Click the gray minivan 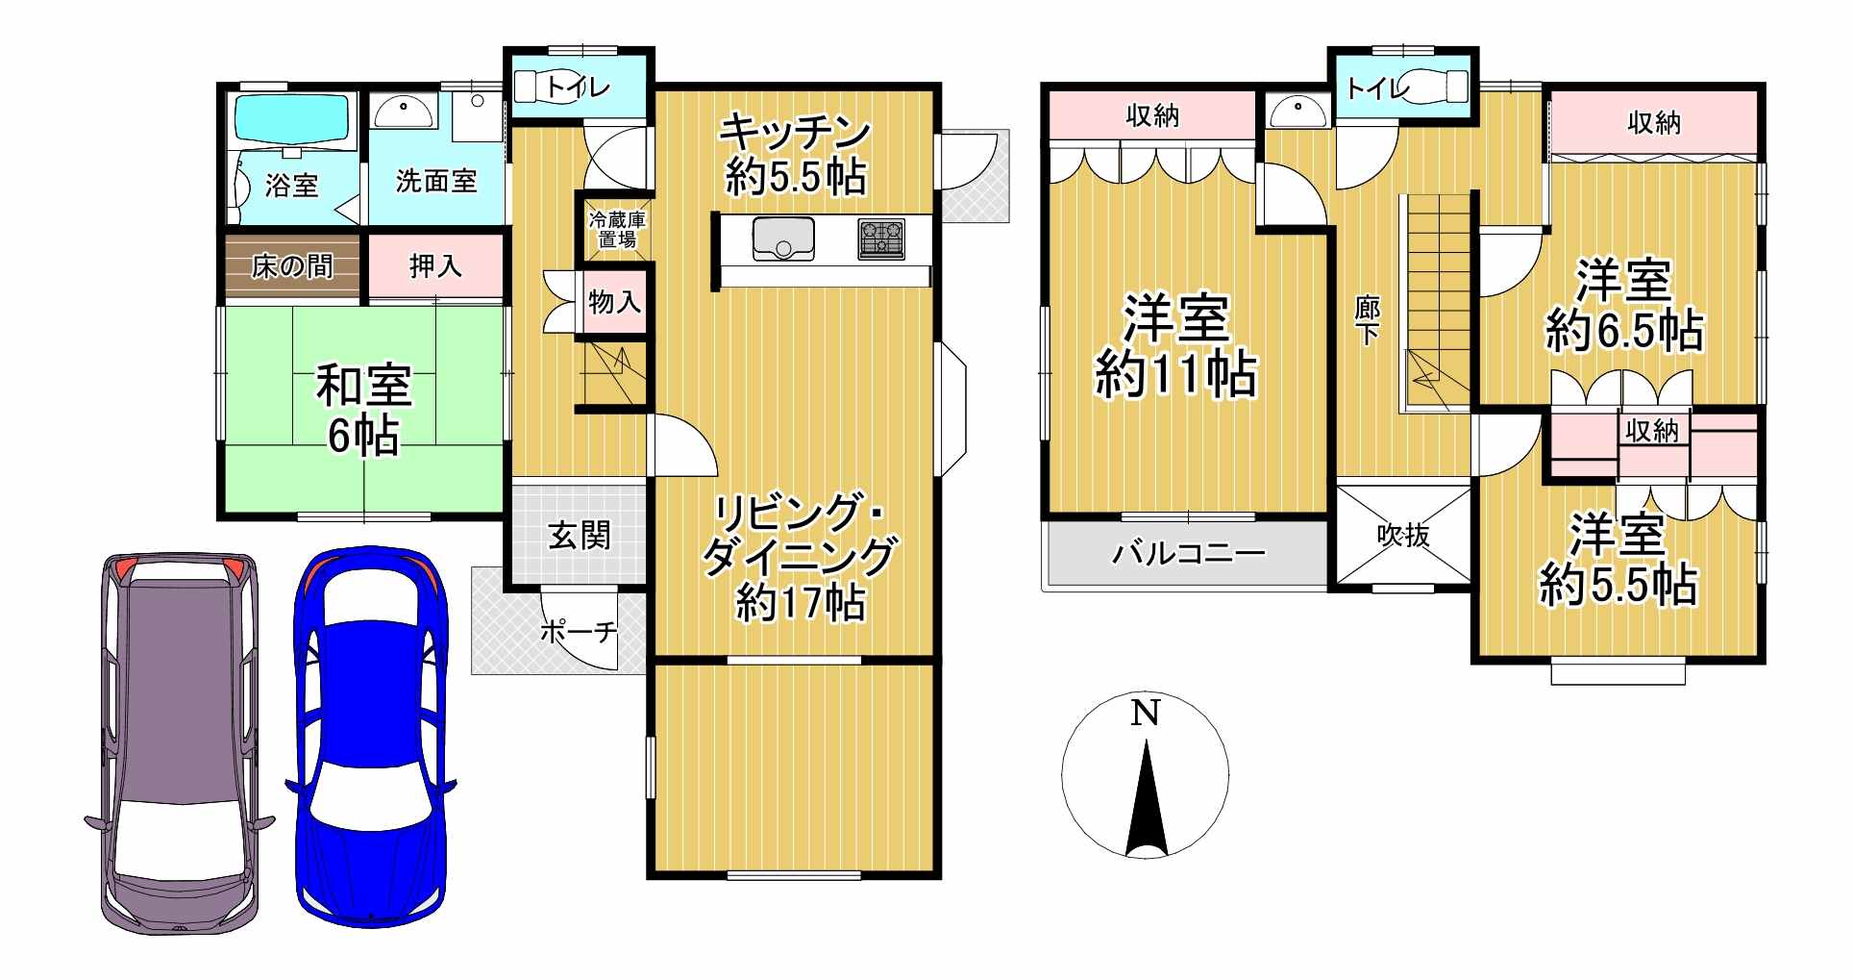coord(180,743)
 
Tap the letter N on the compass coord(1144,715)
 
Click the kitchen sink coord(783,239)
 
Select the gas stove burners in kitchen coord(881,239)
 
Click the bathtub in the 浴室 coord(292,118)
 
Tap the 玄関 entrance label coord(580,535)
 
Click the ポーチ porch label coord(578,633)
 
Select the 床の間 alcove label coord(292,265)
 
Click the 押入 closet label coord(435,265)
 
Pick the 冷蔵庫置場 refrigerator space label coord(617,229)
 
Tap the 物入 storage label coord(614,302)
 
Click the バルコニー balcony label coord(1188,553)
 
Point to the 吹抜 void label coord(1404,535)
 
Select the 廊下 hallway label coord(1367,320)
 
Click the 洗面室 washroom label coord(436,180)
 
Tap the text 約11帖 coord(1175,374)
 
